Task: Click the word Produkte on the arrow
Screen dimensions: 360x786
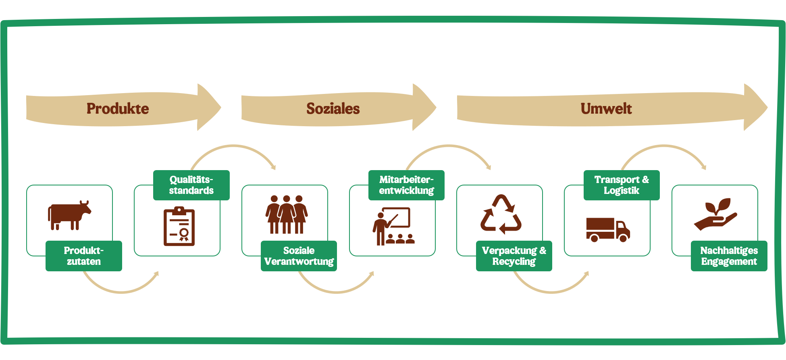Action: [x=118, y=108]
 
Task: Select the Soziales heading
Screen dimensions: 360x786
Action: [x=333, y=108]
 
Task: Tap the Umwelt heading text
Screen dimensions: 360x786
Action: [x=606, y=108]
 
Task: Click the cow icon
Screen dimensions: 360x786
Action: [x=69, y=215]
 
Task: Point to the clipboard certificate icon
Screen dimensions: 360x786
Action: [x=179, y=226]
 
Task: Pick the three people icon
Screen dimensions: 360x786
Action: [x=287, y=214]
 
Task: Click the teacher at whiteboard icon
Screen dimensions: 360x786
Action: [x=393, y=226]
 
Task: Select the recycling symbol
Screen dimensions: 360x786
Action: [x=501, y=214]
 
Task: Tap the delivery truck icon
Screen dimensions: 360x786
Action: [x=607, y=229]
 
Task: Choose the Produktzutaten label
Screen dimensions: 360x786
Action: [x=84, y=256]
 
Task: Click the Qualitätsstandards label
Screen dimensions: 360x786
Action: [x=191, y=185]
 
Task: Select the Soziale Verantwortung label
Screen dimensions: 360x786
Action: [x=299, y=256]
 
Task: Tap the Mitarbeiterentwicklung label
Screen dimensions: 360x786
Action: [x=406, y=185]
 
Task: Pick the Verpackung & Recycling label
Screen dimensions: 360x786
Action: [x=514, y=256]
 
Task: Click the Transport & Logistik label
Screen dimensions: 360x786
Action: [x=622, y=185]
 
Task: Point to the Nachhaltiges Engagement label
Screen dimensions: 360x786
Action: [x=729, y=256]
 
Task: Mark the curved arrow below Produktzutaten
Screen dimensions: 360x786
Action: [x=121, y=291]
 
